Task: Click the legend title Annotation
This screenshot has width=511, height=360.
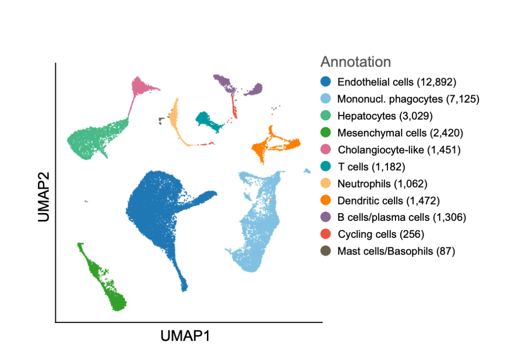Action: [x=355, y=62]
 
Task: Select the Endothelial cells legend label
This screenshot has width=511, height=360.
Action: [x=397, y=82]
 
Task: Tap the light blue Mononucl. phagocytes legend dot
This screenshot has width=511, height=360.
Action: [x=325, y=99]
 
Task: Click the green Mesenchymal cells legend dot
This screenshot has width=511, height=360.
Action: [x=325, y=133]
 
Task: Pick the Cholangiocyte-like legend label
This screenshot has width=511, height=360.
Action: [x=399, y=150]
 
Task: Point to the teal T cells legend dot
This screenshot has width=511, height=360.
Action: [x=325, y=167]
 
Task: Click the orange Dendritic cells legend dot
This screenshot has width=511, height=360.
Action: [x=325, y=200]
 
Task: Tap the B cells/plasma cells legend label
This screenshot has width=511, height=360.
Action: [x=402, y=217]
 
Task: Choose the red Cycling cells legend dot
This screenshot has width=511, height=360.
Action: [x=325, y=234]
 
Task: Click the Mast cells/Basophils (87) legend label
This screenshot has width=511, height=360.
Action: [x=396, y=251]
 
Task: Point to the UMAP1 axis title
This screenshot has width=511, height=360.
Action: [x=185, y=336]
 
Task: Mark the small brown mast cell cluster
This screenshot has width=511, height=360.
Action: [x=161, y=121]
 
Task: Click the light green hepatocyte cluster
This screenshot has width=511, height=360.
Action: [x=91, y=139]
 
